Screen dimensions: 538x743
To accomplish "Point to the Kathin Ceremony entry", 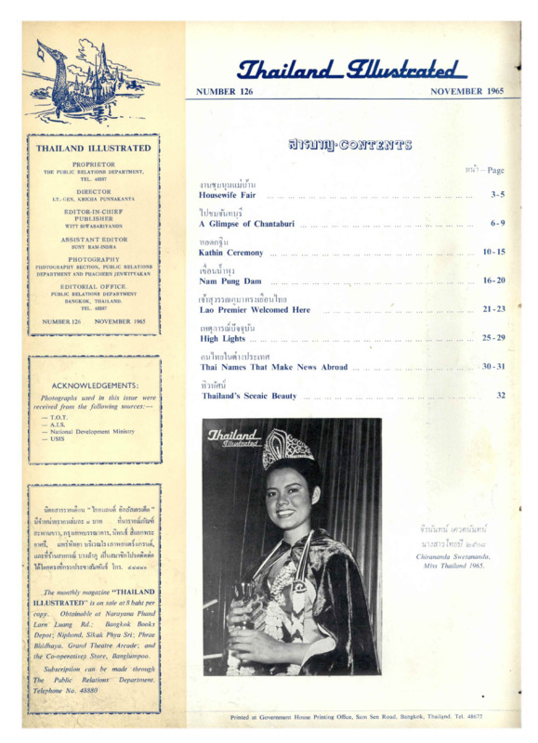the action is coord(231,253).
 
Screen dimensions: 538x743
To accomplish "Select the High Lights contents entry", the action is coord(222,338).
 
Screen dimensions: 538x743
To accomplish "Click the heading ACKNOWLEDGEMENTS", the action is coord(96,385).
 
